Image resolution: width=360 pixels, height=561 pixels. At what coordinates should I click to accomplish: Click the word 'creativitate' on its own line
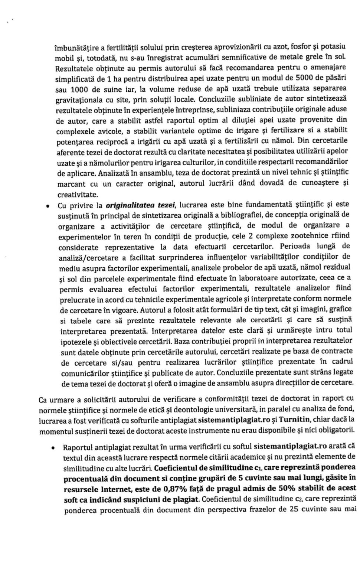tap(77, 194)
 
